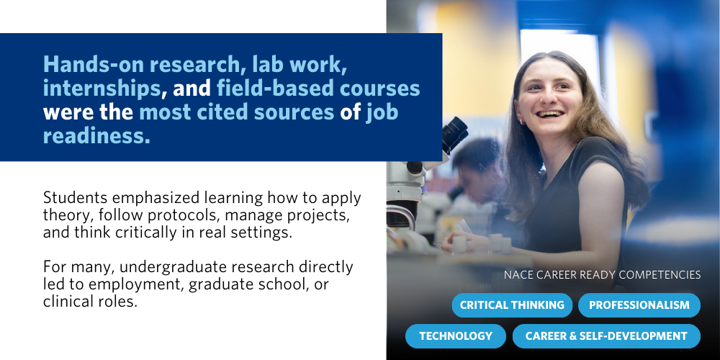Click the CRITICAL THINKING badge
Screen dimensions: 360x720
click(x=512, y=305)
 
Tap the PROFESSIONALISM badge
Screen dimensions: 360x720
click(x=639, y=305)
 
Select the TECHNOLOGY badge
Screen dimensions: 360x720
click(x=456, y=336)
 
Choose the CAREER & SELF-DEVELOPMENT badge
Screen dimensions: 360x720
click(x=606, y=336)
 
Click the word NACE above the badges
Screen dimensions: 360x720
click(x=518, y=274)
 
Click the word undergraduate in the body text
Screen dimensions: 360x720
click(x=189, y=267)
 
